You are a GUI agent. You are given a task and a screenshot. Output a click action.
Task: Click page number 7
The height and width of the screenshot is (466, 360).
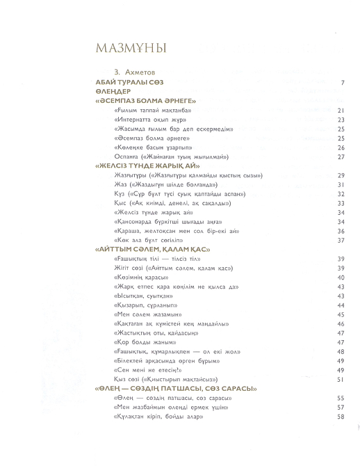(x=343, y=82)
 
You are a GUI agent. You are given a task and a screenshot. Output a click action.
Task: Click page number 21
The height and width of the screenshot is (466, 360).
(x=341, y=110)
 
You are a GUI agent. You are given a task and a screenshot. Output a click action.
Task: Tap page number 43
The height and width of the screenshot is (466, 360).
(x=341, y=296)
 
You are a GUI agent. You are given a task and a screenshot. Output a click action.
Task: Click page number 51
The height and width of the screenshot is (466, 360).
(x=341, y=380)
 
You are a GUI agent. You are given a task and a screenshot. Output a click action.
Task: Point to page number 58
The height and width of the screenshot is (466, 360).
(x=341, y=417)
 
